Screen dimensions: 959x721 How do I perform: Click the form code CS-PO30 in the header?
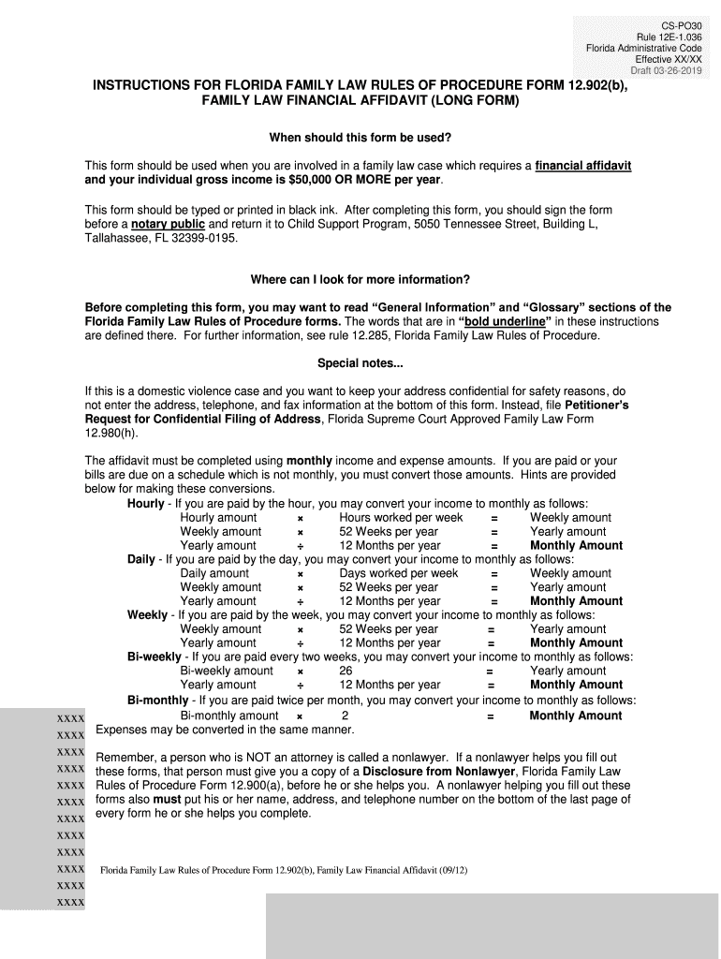681,22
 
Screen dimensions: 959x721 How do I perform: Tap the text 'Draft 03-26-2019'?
666,71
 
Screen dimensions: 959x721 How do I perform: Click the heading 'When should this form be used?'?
360,138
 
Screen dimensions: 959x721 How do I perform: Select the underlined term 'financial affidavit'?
583,166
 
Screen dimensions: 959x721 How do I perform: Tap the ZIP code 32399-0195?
206,239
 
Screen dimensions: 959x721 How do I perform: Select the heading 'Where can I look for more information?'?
360,280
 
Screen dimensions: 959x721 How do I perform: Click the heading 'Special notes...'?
360,363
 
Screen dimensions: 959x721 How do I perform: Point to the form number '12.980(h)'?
110,434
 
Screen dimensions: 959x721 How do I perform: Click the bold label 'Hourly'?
146,504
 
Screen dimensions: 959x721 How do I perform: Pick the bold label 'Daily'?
141,559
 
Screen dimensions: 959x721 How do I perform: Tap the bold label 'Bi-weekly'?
154,657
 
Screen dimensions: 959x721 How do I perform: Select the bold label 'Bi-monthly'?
157,700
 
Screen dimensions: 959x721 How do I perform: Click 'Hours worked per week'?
401,518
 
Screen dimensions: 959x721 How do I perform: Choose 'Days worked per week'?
399,573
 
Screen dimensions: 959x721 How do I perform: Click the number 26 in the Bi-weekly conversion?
346,671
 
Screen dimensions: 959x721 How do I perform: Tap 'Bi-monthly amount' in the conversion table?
229,716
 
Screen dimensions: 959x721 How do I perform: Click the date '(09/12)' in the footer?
450,871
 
